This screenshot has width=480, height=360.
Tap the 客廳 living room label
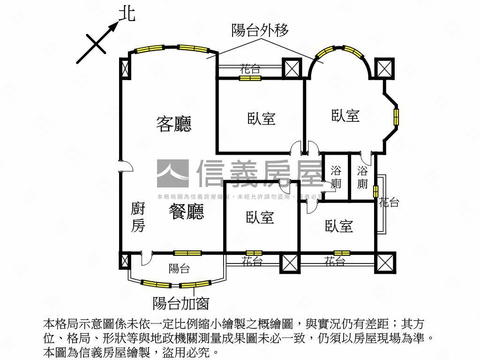pyautogui.click(x=173, y=124)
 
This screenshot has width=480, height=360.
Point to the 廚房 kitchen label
pyautogui.click(x=137, y=217)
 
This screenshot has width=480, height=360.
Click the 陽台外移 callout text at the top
pyautogui.click(x=260, y=30)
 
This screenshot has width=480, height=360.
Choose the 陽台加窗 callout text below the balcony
pyautogui.click(x=180, y=304)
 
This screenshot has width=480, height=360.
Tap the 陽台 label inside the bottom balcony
pyautogui.click(x=179, y=269)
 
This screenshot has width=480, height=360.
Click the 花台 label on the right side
pyautogui.click(x=389, y=202)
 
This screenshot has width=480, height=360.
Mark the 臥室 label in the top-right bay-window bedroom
pyautogui.click(x=345, y=116)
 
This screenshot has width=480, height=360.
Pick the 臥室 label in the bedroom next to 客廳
pyautogui.click(x=261, y=119)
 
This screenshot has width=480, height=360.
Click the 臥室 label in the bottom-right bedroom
pyautogui.click(x=339, y=226)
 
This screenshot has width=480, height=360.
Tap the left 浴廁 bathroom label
pyautogui.click(x=336, y=177)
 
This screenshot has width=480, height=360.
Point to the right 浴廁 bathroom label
pyautogui.click(x=362, y=177)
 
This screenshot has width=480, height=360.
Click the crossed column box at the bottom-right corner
pyautogui.click(x=386, y=262)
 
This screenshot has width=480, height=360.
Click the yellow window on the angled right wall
pyautogui.click(x=397, y=117)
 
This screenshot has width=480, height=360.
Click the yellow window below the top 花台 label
pyautogui.click(x=249, y=78)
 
